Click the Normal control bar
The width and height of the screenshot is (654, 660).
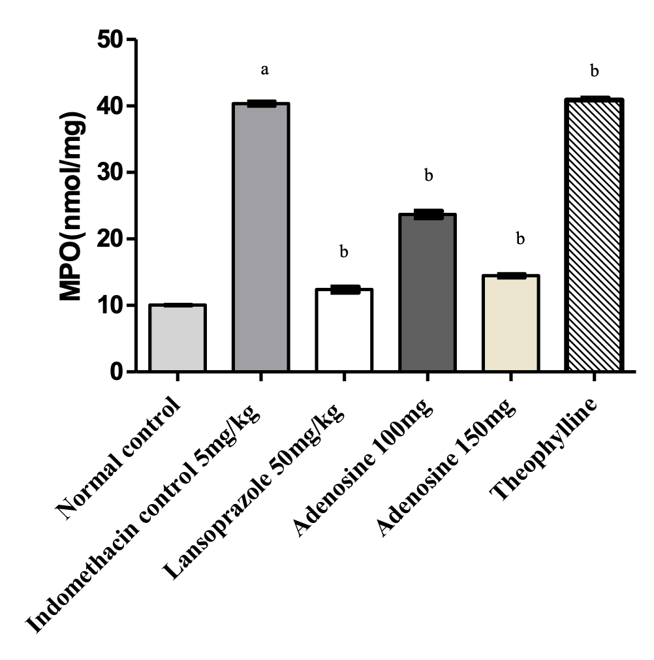177,338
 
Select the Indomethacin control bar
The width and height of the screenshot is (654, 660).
260,238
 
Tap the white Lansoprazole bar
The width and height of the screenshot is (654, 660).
344,331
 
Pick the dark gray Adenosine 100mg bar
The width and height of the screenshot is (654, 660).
428,294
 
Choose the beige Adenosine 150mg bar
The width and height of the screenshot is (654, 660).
511,324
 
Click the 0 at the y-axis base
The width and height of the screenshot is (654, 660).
117,372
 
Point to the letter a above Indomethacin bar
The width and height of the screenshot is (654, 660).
265,69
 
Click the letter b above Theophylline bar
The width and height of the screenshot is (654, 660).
595,71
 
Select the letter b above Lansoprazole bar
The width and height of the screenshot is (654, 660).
344,251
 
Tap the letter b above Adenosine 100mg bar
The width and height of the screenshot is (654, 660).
429,175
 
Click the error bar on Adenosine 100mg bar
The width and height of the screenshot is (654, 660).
428,214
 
